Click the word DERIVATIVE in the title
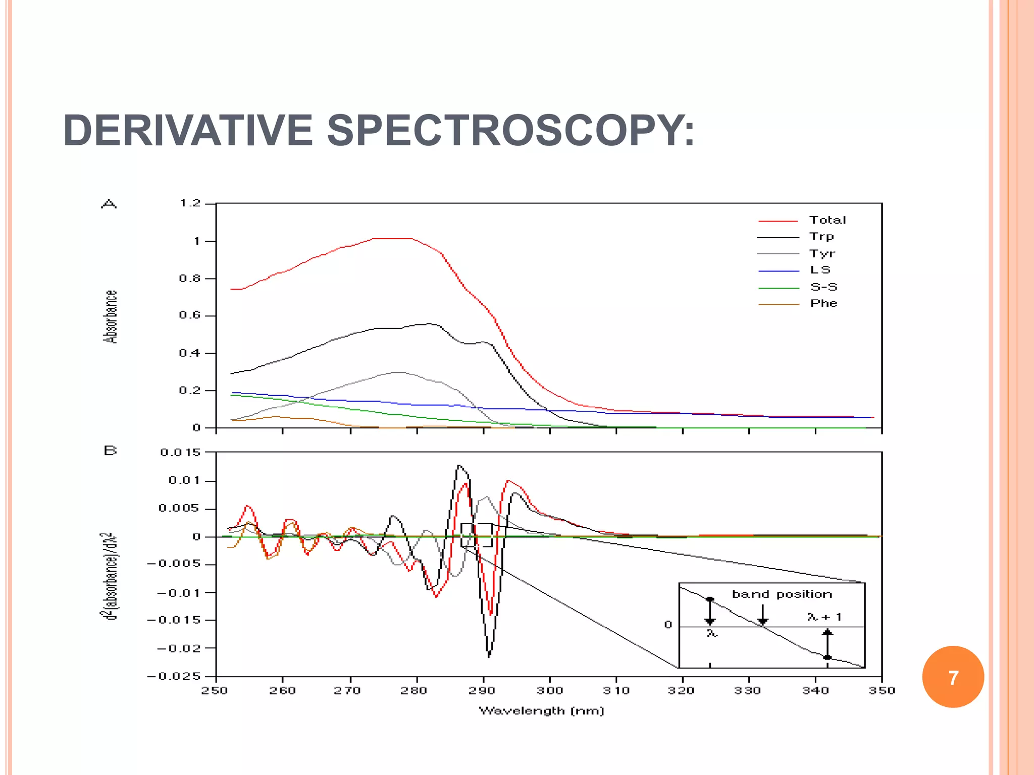(188, 131)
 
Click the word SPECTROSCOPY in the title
(510, 131)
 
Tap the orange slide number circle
(953, 677)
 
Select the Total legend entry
(828, 220)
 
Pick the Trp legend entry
(821, 237)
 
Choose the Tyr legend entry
(822, 253)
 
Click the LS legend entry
(820, 270)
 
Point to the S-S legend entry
(823, 287)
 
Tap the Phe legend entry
(823, 303)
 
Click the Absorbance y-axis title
(111, 317)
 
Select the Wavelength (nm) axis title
(541, 711)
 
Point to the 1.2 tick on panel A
(190, 203)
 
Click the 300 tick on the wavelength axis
(549, 690)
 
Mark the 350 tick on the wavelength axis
(882, 690)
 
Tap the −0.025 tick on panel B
(174, 676)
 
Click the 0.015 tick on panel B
(180, 452)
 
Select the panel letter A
(109, 204)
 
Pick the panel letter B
(110, 450)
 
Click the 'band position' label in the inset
(782, 594)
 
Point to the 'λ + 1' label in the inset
(824, 617)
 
